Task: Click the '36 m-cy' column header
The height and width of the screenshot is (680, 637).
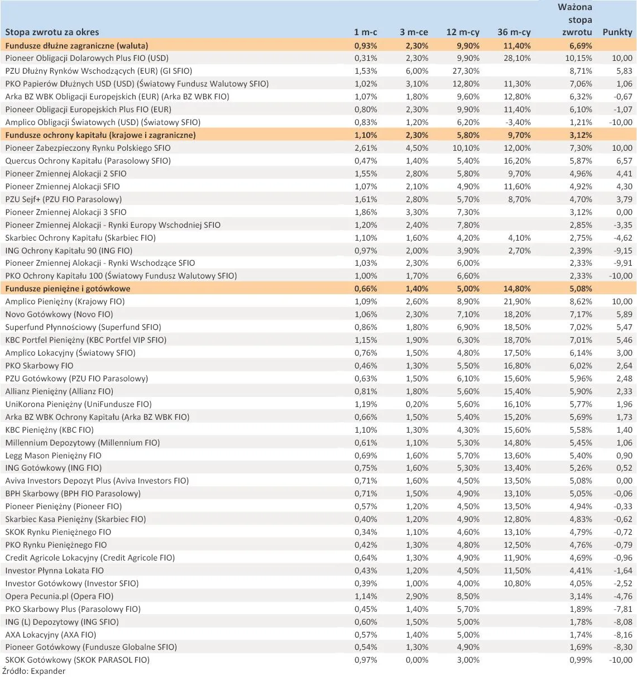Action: pyautogui.click(x=514, y=32)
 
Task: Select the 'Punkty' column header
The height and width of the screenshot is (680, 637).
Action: pyautogui.click(x=617, y=32)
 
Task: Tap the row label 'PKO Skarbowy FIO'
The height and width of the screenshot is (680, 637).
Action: pyautogui.click(x=39, y=366)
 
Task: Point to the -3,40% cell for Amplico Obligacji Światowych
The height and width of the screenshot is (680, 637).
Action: pyautogui.click(x=517, y=122)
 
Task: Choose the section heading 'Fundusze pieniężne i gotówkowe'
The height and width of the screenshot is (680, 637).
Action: pyautogui.click(x=68, y=289)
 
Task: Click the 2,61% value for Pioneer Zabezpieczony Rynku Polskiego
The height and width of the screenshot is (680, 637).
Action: pyautogui.click(x=366, y=148)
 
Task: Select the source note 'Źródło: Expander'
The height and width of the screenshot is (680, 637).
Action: pyautogui.click(x=33, y=671)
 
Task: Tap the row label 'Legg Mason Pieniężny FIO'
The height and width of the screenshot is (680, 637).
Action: pyautogui.click(x=53, y=456)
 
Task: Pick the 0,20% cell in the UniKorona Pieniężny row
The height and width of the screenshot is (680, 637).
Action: pyautogui.click(x=417, y=404)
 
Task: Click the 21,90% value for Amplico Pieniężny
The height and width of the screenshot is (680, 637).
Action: pyautogui.click(x=517, y=301)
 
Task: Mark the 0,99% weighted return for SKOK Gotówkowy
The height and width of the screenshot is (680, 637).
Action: pyautogui.click(x=581, y=660)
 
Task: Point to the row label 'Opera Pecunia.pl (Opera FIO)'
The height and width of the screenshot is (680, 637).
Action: pyautogui.click(x=59, y=596)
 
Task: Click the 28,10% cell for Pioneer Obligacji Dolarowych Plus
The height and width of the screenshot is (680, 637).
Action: pyautogui.click(x=517, y=58)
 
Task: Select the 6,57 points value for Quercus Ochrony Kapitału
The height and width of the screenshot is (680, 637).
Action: pyautogui.click(x=624, y=161)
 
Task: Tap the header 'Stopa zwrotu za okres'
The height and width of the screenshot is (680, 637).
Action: pyautogui.click(x=52, y=32)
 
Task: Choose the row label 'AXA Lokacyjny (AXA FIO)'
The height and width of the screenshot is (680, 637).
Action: pyautogui.click(x=51, y=635)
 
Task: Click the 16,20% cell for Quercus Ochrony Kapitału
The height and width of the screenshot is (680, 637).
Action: pyautogui.click(x=517, y=161)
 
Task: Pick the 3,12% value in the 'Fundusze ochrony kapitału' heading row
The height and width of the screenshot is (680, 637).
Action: pyautogui.click(x=581, y=135)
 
